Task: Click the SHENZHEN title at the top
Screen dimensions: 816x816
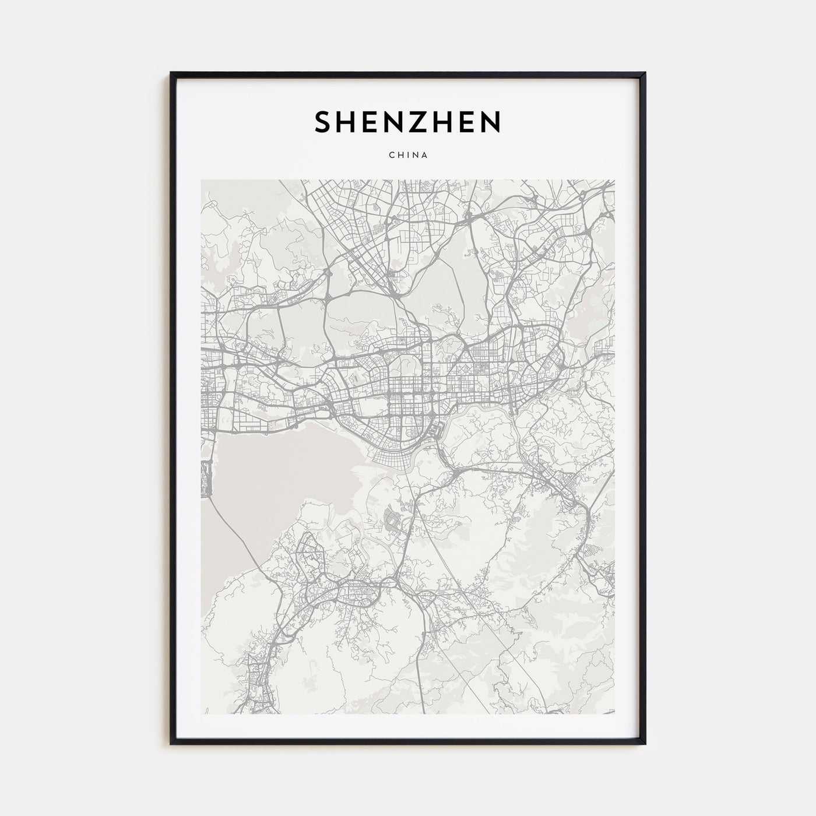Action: point(407,122)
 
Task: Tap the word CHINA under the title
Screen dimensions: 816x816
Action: point(407,156)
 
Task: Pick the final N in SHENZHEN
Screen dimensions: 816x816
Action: point(490,122)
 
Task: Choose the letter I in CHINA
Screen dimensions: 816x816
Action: point(407,156)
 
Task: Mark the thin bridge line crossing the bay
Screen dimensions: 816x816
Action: point(233,533)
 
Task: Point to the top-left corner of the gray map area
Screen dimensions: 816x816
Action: point(202,180)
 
